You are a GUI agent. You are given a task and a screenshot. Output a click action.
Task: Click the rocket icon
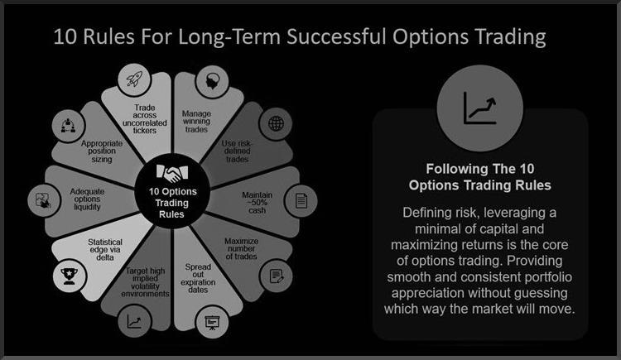tap(134, 79)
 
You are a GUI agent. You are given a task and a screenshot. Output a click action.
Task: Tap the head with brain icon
tap(212, 81)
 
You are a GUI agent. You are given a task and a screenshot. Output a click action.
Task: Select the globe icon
tap(276, 123)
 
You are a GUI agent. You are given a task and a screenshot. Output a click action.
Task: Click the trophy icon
tap(70, 276)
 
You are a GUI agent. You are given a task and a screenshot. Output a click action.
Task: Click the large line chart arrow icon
tap(479, 108)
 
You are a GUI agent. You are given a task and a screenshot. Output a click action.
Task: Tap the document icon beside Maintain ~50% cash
tap(301, 201)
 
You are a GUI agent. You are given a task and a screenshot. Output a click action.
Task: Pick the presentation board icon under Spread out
tap(212, 323)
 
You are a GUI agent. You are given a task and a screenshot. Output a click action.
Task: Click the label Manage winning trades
tap(196, 121)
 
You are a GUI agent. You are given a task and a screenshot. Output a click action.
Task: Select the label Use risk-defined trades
tap(237, 151)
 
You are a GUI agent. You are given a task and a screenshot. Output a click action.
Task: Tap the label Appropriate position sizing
tap(102, 151)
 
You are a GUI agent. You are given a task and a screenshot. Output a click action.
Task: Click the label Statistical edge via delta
tap(105, 249)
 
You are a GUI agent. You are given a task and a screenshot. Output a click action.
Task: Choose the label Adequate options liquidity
tap(87, 199)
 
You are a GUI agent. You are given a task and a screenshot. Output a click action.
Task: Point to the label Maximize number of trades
tap(241, 249)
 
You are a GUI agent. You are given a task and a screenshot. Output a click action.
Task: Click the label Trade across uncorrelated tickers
tap(145, 119)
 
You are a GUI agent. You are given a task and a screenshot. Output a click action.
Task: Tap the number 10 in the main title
tap(65, 36)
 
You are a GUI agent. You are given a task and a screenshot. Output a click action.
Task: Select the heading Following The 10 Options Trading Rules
tap(479, 177)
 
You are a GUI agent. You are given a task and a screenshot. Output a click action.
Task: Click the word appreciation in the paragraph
tap(429, 293)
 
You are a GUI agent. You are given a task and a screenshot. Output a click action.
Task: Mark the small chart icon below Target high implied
tap(134, 321)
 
